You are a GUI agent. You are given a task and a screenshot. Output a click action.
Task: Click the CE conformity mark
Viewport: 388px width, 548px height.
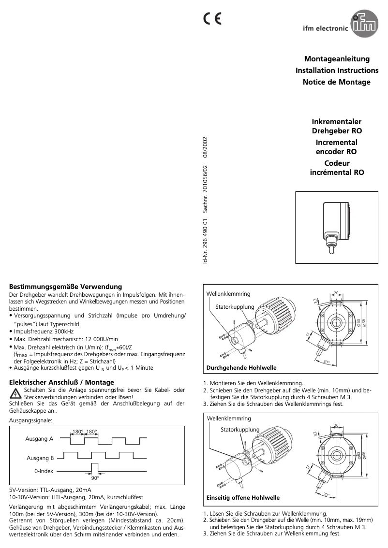point(212,19)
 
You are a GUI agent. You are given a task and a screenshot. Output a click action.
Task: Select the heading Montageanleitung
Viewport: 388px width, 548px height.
point(337,59)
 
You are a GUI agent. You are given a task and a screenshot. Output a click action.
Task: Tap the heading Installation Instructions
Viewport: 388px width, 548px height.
point(337,71)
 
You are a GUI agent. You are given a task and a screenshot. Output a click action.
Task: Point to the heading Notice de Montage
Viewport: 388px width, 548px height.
point(337,82)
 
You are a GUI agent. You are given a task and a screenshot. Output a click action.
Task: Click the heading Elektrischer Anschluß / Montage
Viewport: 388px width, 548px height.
point(62,382)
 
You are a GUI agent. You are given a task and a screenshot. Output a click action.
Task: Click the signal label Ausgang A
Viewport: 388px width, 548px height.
point(39,439)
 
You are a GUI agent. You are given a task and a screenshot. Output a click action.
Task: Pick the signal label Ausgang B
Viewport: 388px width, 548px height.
point(39,458)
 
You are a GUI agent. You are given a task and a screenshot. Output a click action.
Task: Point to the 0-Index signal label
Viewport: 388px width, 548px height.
point(43,470)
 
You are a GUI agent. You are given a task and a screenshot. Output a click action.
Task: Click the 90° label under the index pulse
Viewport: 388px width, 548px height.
point(95,478)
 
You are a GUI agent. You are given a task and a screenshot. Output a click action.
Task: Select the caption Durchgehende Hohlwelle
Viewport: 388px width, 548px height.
point(241,368)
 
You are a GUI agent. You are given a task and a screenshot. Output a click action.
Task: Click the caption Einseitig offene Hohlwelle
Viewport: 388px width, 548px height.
point(243,497)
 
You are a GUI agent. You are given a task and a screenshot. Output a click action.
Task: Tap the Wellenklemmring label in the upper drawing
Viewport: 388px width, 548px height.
point(228,294)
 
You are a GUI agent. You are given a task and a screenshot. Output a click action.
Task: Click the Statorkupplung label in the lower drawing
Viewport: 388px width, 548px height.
point(240,430)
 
